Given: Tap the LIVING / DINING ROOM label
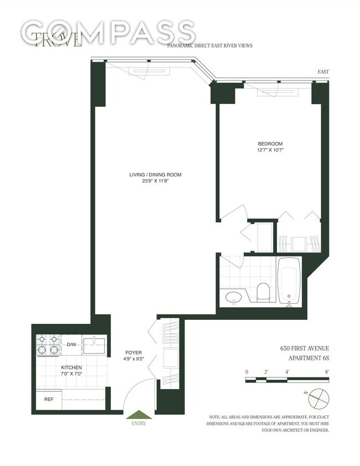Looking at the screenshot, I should click(x=155, y=175).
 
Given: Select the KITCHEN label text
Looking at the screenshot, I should click(x=71, y=367).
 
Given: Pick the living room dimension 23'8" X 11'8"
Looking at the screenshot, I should click(x=155, y=182).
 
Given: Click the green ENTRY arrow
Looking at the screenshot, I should click(x=139, y=415).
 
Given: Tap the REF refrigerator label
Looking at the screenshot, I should click(x=49, y=398).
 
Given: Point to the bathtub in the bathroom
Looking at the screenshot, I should click(x=290, y=281).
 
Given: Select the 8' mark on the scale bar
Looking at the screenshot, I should click(x=327, y=372).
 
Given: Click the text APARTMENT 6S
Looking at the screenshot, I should click(x=308, y=358).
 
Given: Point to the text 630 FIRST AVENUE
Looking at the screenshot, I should click(x=304, y=348).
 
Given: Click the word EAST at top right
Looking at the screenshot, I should click(x=323, y=72).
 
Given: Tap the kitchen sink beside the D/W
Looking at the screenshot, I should click(x=94, y=344).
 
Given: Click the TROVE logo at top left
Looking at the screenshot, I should click(x=58, y=39).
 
